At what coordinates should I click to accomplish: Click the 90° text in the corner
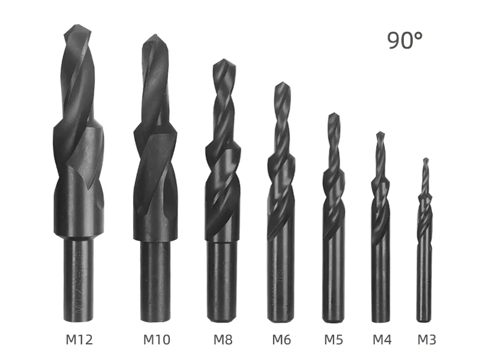(x=404, y=40)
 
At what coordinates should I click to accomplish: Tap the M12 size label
(x=79, y=340)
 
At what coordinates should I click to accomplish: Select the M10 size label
(x=157, y=340)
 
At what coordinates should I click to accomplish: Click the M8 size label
(x=223, y=340)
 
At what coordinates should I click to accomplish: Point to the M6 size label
(x=281, y=340)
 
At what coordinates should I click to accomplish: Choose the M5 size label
(x=334, y=340)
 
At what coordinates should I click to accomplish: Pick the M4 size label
(x=382, y=340)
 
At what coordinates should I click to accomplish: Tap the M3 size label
(x=427, y=340)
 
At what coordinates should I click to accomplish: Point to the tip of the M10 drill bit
(x=155, y=37)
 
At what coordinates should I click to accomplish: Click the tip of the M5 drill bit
(x=334, y=115)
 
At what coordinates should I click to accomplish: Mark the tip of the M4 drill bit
(x=380, y=134)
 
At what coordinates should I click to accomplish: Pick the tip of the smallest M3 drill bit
(x=425, y=160)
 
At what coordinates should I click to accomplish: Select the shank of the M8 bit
(x=223, y=282)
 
